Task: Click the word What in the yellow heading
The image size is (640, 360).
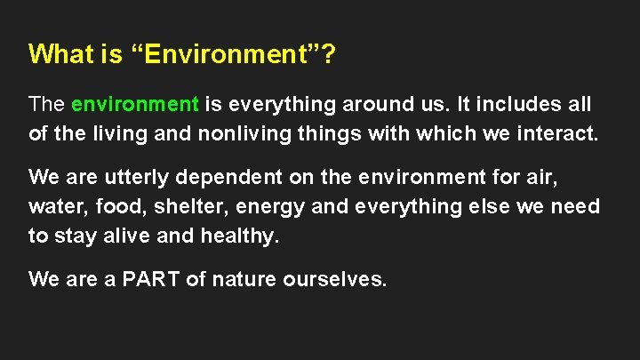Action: tap(60, 55)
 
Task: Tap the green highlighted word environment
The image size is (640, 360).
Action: tap(135, 104)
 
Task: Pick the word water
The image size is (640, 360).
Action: tap(52, 207)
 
